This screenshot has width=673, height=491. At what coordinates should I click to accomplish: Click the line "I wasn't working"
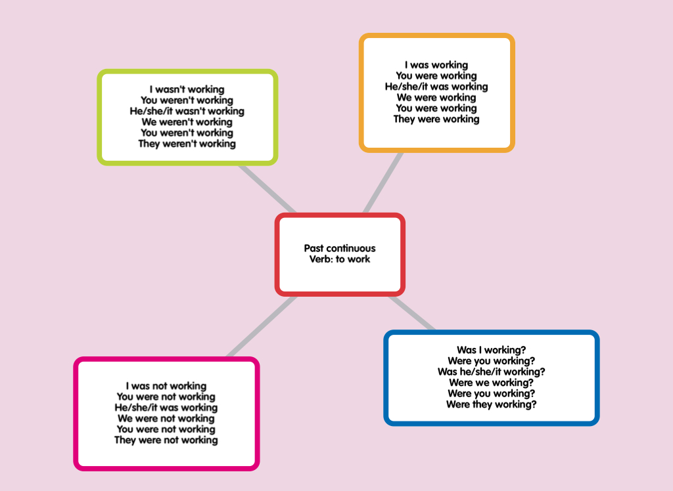point(187,89)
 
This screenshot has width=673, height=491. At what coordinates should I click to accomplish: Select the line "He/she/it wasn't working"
point(187,111)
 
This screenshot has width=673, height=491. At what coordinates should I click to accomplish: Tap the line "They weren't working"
point(187,144)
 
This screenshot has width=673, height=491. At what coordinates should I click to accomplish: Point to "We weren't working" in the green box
point(187,122)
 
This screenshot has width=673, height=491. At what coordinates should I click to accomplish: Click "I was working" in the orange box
point(436,65)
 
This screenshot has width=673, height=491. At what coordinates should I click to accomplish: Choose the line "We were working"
point(436,97)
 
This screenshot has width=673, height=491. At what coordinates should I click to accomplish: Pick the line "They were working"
point(436,119)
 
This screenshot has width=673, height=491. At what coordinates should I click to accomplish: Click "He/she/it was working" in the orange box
point(436,87)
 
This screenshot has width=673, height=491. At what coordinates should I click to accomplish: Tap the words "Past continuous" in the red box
point(340,248)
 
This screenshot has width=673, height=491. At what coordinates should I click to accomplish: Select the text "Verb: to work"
point(340,259)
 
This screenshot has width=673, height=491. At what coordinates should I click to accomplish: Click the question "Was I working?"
point(492,351)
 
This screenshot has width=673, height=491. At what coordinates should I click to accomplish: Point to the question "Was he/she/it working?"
point(492,372)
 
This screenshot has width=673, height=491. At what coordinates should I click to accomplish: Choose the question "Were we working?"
point(492,383)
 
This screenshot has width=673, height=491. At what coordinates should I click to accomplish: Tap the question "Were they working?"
point(492,404)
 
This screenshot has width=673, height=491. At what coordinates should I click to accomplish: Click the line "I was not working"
point(166,386)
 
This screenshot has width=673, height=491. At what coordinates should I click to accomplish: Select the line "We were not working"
point(166,419)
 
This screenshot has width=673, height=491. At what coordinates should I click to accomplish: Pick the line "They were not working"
point(166,440)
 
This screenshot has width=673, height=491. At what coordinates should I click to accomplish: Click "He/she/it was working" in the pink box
point(166,408)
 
